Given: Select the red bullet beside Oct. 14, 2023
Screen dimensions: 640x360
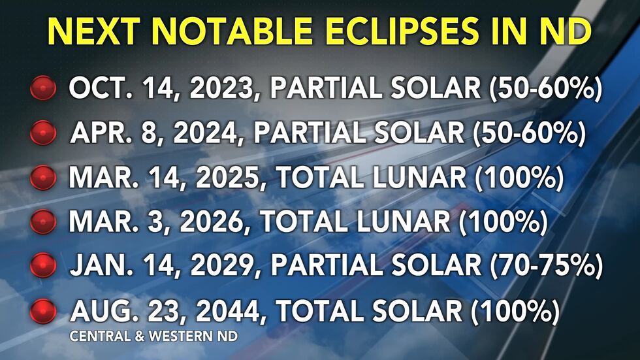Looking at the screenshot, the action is (43, 88).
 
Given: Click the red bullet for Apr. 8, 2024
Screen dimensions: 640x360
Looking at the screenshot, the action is (43, 133).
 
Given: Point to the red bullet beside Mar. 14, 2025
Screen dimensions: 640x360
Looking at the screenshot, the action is (43, 177).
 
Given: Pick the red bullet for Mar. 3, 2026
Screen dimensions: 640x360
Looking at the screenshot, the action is (43, 221).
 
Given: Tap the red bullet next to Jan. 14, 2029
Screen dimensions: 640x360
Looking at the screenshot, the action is (43, 265).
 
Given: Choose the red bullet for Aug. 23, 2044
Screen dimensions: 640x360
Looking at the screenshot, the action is (43, 311).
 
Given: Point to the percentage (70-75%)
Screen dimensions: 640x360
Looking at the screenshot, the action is (546, 265).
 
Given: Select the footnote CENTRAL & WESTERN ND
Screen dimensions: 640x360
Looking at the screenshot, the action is (154, 336).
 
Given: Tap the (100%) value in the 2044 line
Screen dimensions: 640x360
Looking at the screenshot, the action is (515, 311).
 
